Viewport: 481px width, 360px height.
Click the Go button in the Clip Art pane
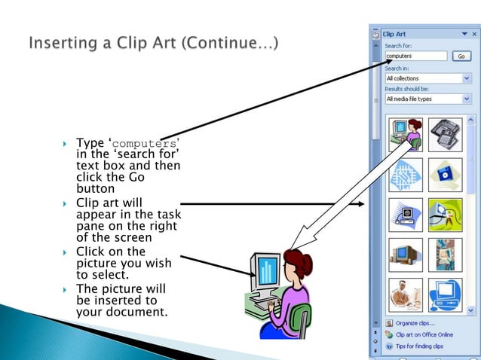click(x=461, y=56)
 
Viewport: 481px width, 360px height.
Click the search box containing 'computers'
click(x=416, y=56)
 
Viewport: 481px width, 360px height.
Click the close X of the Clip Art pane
click(x=473, y=34)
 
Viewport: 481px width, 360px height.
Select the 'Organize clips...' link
click(x=415, y=322)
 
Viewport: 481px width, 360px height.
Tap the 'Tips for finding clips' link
click(x=419, y=346)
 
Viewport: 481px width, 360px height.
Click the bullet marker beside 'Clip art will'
click(x=66, y=203)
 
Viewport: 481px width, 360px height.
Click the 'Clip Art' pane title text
click(x=394, y=34)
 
